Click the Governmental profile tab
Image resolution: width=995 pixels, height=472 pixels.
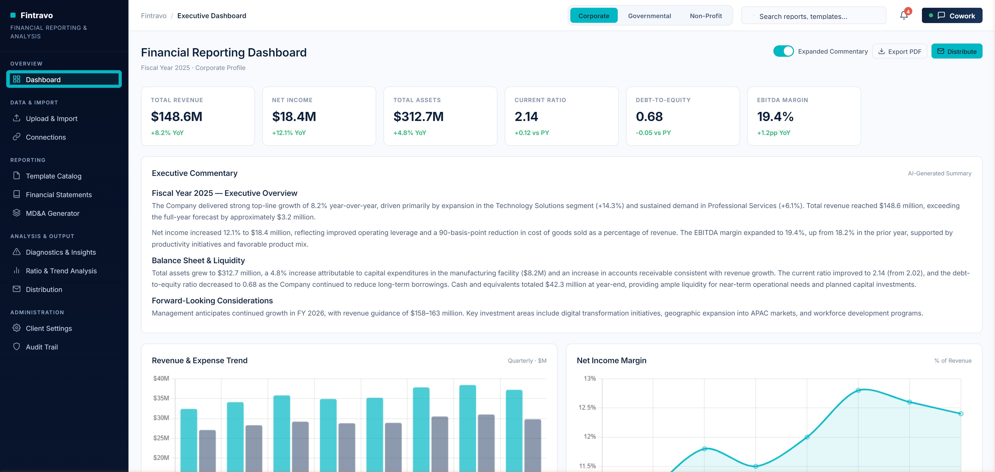click(649, 16)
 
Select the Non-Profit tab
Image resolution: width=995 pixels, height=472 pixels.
click(705, 16)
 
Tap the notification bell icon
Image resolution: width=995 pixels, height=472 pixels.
click(904, 16)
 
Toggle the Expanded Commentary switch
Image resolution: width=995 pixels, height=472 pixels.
click(783, 51)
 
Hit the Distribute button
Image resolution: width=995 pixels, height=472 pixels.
click(956, 51)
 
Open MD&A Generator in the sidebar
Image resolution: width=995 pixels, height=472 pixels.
click(53, 213)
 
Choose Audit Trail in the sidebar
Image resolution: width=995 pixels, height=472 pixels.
click(42, 347)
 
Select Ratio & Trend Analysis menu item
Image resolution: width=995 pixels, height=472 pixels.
click(61, 271)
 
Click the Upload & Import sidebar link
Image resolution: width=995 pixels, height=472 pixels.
click(51, 119)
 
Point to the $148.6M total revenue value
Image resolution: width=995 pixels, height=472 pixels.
click(176, 116)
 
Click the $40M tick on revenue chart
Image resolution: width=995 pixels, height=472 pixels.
click(161, 378)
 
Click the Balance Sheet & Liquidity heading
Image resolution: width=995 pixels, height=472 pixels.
click(198, 260)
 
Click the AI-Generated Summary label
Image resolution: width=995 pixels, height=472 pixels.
click(939, 173)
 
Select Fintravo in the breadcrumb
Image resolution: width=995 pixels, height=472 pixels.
click(153, 16)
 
